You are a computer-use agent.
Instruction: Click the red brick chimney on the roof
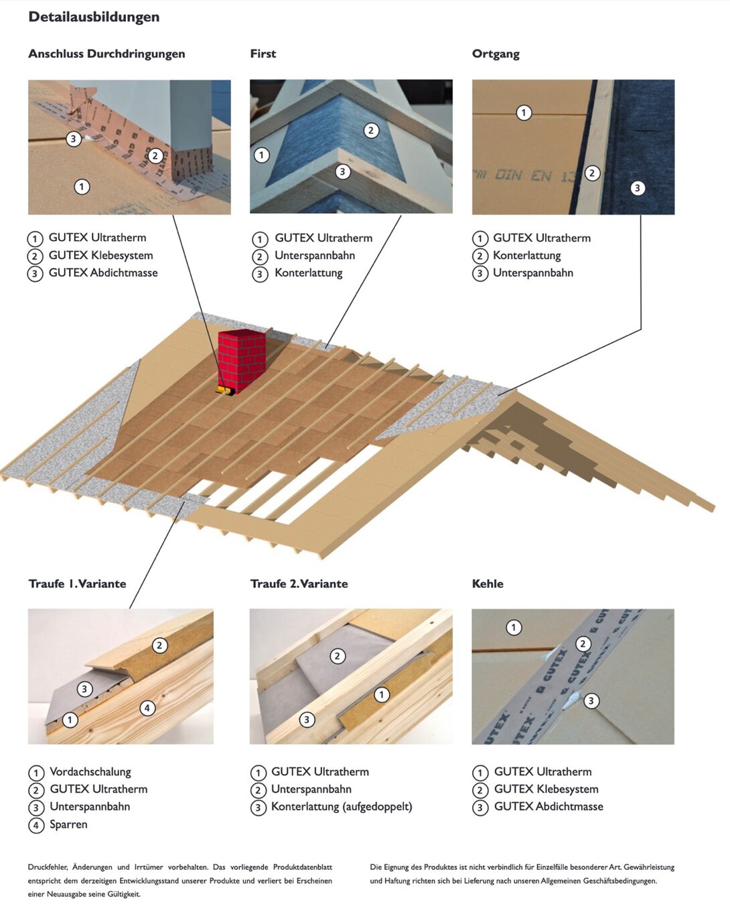[x=241, y=358]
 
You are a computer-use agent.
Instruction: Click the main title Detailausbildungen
[x=94, y=17]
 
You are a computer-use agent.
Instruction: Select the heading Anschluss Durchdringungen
[x=106, y=54]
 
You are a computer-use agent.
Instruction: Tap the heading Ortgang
[x=496, y=54]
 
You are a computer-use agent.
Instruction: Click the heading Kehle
[x=488, y=583]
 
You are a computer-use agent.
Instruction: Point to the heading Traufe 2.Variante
[x=299, y=583]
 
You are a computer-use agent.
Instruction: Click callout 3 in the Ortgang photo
[x=638, y=188]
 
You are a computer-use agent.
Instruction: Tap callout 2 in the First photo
[x=371, y=131]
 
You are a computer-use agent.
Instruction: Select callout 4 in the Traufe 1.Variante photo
[x=147, y=708]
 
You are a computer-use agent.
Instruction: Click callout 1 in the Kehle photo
[x=514, y=627]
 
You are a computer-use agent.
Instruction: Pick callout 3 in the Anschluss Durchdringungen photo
[x=74, y=139]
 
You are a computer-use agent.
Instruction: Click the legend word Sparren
[x=68, y=824]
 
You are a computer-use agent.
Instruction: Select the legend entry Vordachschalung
[x=90, y=771]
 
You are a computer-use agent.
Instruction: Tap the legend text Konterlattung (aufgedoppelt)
[x=342, y=806]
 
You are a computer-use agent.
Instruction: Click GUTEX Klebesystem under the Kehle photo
[x=546, y=789]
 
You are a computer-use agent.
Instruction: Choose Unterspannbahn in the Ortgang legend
[x=533, y=273]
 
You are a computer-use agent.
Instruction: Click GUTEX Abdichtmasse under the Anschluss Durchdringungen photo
[x=103, y=273]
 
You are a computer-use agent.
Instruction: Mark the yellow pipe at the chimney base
[x=224, y=390]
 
